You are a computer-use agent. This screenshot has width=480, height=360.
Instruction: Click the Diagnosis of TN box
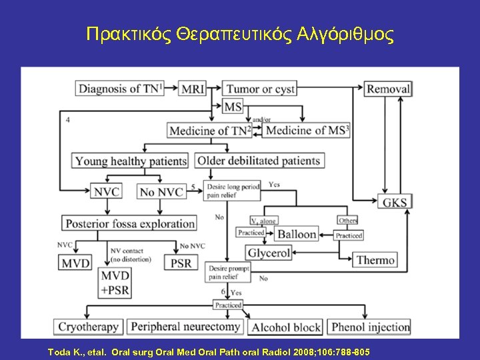point(119,89)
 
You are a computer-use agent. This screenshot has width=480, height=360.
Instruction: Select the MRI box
point(193,89)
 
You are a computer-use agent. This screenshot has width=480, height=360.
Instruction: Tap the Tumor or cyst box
point(260,89)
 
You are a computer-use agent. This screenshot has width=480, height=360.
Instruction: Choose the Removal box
point(388,89)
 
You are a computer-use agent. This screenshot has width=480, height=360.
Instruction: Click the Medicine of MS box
point(307,131)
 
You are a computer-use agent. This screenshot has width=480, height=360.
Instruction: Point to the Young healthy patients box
point(131,161)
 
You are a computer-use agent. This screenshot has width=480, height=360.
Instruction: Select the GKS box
point(395,202)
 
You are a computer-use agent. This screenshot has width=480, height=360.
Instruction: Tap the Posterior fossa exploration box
point(129,224)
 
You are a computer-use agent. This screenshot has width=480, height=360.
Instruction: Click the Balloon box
point(297,235)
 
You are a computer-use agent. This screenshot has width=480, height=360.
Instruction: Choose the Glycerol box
point(269,253)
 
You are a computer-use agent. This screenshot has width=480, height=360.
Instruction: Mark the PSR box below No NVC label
point(181,263)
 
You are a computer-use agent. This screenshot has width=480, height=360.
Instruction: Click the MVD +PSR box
point(115,283)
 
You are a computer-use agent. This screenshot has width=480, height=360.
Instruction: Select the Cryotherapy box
point(89,327)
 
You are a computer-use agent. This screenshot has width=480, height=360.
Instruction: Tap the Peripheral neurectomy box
point(185,327)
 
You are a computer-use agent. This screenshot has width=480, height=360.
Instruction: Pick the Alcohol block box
point(285,327)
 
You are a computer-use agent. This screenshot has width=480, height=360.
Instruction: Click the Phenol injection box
point(370,327)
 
